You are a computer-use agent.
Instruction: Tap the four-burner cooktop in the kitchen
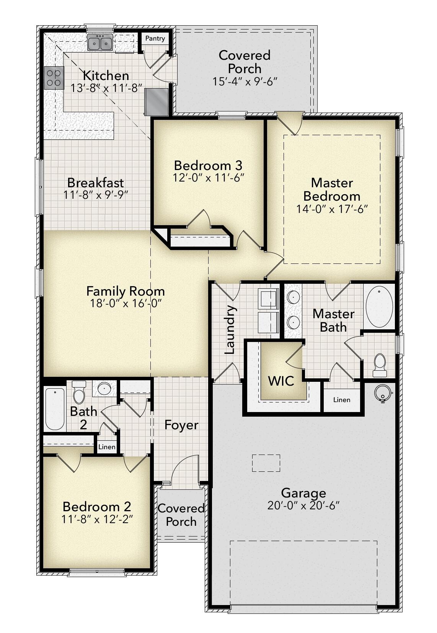tap(53, 78)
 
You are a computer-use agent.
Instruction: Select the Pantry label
tap(155, 38)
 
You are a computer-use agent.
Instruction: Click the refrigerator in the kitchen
tap(157, 101)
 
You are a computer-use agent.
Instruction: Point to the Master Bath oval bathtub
tap(379, 307)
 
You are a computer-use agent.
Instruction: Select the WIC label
tap(281, 381)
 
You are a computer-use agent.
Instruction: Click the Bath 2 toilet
tap(79, 392)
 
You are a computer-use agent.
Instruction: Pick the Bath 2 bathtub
tap(55, 409)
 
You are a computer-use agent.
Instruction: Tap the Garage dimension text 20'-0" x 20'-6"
tap(303, 505)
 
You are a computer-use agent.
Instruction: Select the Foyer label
tap(181, 425)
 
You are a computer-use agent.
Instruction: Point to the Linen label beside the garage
tap(341, 400)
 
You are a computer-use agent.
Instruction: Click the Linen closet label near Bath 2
tap(107, 447)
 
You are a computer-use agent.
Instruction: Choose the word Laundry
tap(230, 329)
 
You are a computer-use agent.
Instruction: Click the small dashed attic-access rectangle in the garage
tap(266, 463)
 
